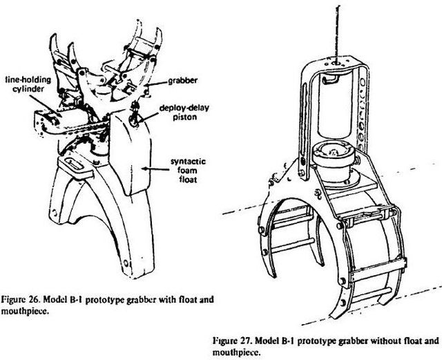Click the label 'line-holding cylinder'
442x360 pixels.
coord(26,82)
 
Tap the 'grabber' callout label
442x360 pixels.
coord(182,81)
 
